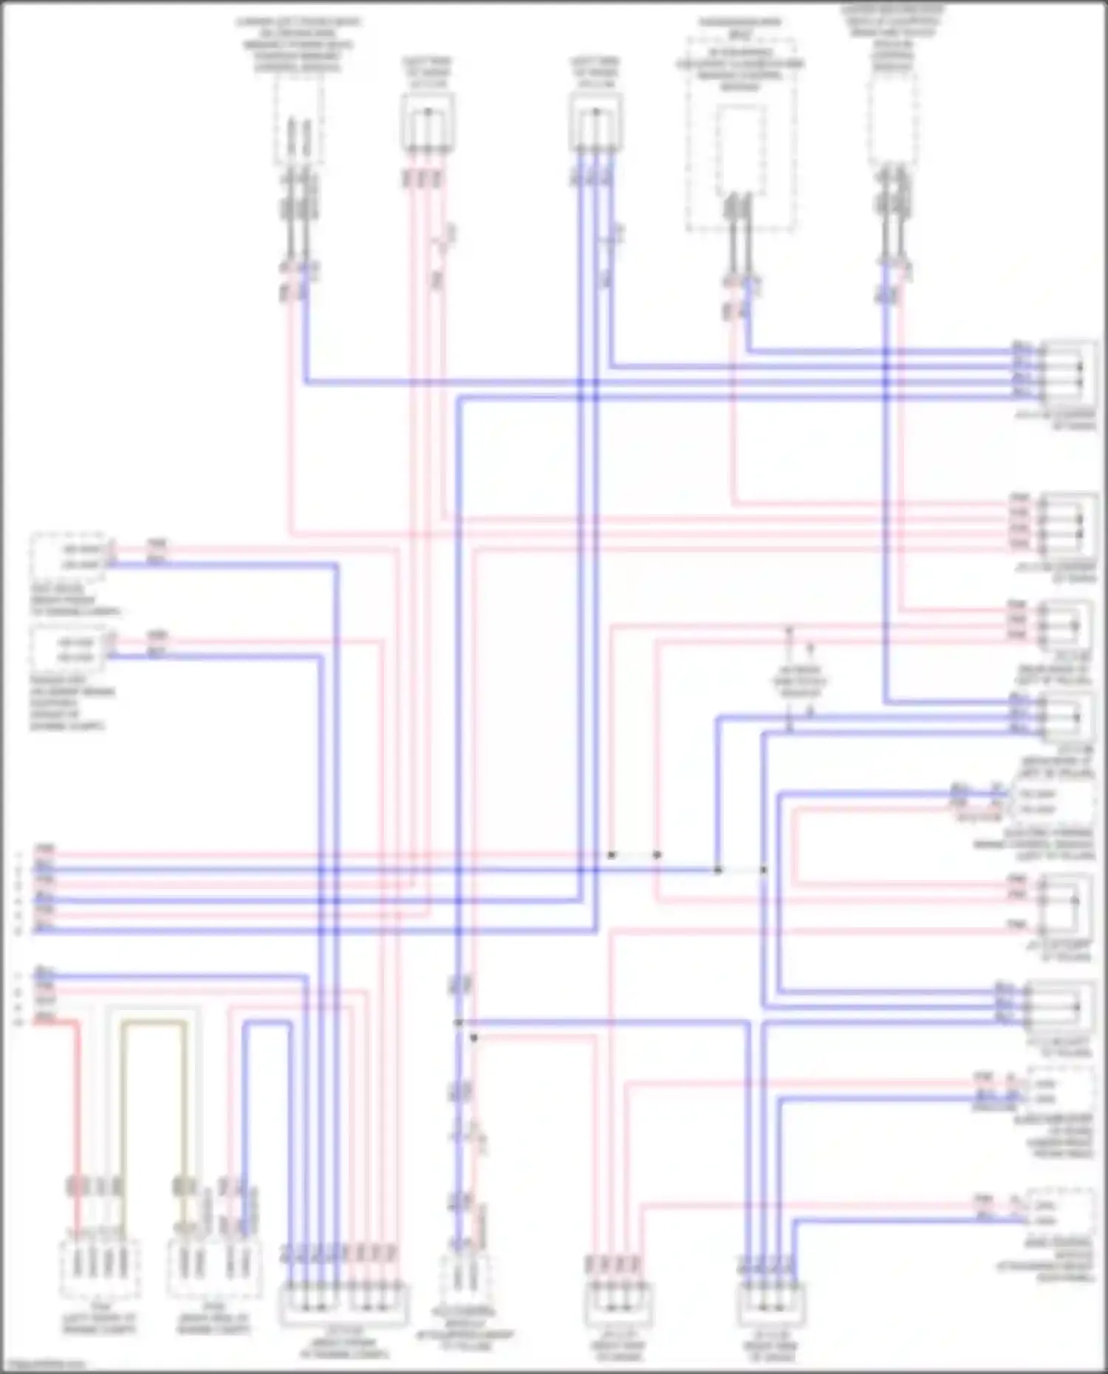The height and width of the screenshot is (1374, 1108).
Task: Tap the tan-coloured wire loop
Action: [154, 1023]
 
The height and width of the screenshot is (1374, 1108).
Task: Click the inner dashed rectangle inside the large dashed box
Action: [740, 148]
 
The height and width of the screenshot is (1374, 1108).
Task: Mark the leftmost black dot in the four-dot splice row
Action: [612, 855]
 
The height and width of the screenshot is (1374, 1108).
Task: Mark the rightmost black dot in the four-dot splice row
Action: [763, 870]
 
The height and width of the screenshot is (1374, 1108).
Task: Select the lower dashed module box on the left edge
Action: [68, 648]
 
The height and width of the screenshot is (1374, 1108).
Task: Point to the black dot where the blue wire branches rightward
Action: [459, 1023]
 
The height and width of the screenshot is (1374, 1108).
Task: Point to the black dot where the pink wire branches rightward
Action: [473, 1037]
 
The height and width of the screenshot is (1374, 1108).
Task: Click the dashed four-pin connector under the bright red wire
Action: [99, 1268]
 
